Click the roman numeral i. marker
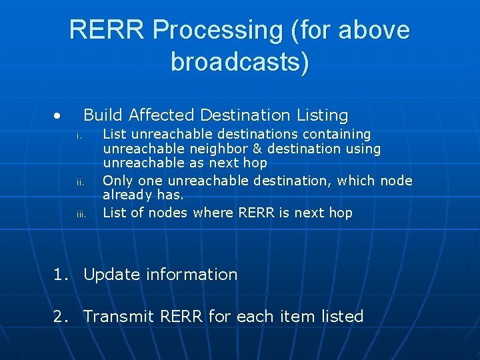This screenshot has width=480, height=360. (79, 136)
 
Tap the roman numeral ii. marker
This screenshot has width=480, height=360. (79, 182)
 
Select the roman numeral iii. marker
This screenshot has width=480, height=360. (81, 214)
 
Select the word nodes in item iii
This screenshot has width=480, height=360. (168, 213)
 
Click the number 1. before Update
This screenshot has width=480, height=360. (61, 275)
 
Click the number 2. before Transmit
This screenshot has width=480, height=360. (61, 317)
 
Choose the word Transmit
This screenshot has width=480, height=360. (119, 317)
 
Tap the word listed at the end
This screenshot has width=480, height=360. (342, 317)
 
